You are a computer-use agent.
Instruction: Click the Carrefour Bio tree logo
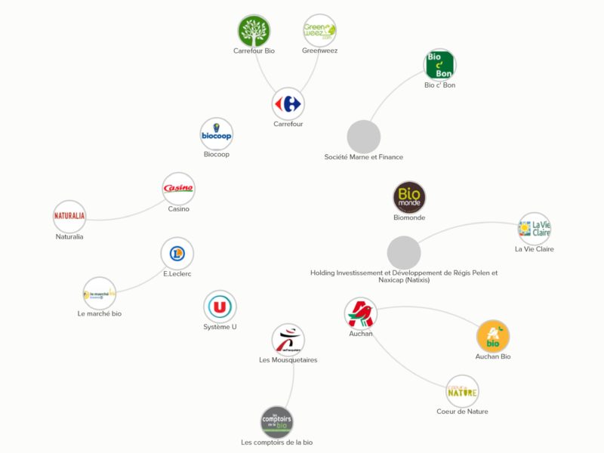click(254, 31)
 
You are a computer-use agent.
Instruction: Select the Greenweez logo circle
click(319, 31)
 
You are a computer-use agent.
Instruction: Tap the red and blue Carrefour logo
click(288, 103)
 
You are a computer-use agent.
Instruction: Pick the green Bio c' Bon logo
click(439, 65)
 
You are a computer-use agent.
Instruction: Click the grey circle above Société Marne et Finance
click(364, 137)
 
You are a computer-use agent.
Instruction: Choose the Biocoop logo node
click(217, 134)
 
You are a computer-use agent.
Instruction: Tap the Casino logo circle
click(179, 189)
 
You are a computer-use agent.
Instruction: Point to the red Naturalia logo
click(69, 216)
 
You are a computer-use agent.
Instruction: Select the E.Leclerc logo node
click(177, 254)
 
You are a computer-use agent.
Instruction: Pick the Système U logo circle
click(220, 307)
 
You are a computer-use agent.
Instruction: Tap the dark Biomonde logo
click(409, 198)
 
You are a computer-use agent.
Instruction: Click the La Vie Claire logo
click(535, 228)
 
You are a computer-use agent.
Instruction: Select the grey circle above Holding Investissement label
click(404, 252)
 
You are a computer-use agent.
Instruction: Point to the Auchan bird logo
click(360, 313)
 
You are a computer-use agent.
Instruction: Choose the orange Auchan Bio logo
click(493, 336)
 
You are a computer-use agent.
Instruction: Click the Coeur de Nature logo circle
click(462, 391)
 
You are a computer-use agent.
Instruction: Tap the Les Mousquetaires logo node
click(288, 339)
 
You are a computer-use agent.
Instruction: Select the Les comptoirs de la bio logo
click(276, 422)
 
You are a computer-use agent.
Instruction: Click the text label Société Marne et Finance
click(363, 157)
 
